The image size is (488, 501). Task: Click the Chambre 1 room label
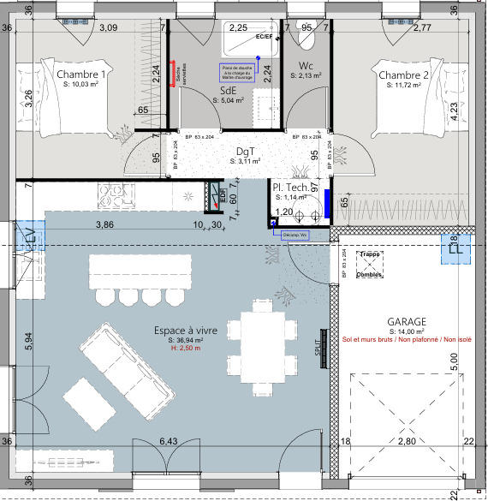(x=80, y=75)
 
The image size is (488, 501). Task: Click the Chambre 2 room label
(x=403, y=75)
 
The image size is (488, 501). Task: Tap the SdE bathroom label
(x=229, y=90)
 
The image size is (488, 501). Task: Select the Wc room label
(x=306, y=66)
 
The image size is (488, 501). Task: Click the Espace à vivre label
(x=185, y=330)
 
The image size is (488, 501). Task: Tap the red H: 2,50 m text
(x=185, y=349)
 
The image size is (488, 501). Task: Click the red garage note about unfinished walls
(x=401, y=339)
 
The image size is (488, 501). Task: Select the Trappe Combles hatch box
(x=369, y=258)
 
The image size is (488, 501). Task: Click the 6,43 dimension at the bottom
(x=169, y=441)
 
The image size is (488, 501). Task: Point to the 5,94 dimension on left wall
(x=27, y=342)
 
